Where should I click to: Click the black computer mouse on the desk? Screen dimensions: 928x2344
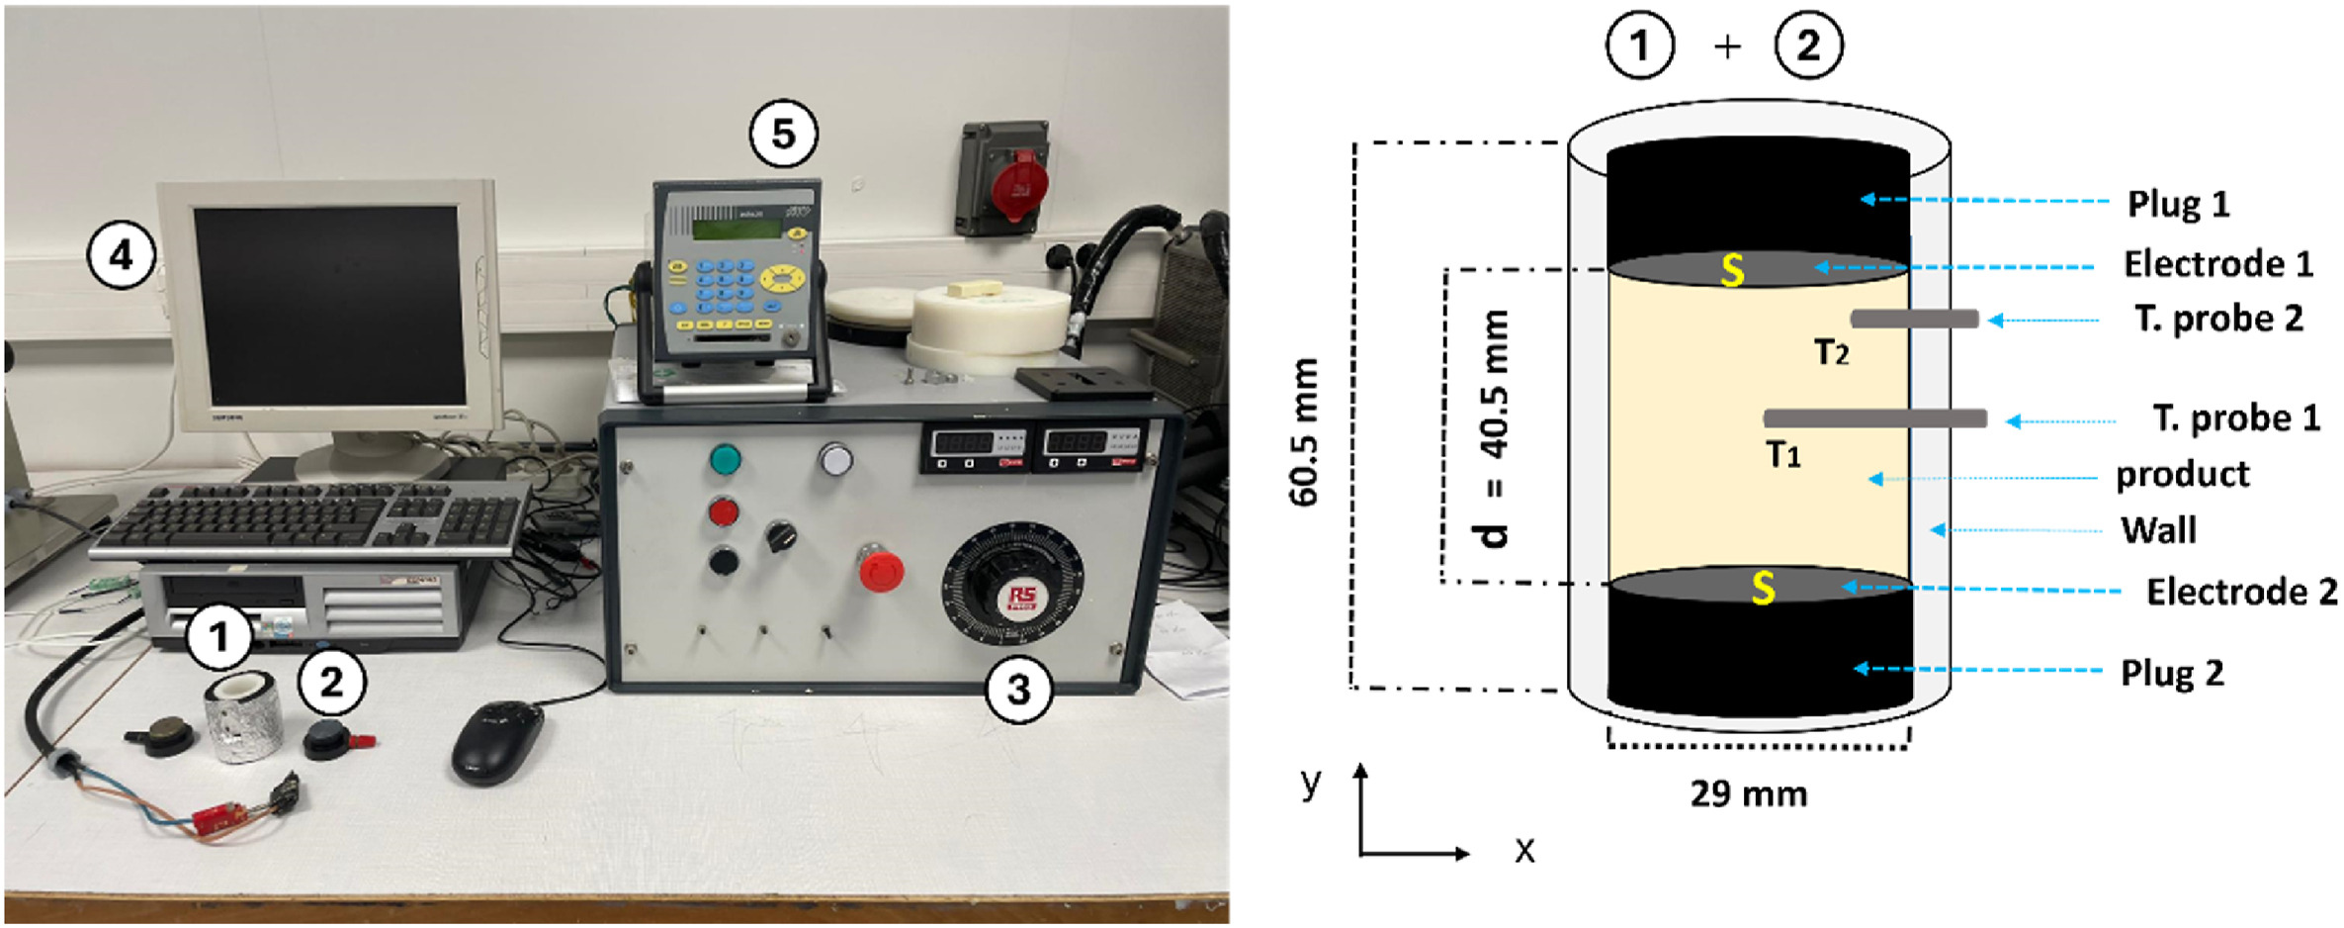pos(497,741)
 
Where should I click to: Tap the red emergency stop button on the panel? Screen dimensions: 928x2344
pos(880,571)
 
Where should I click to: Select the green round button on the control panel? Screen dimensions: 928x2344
pos(725,459)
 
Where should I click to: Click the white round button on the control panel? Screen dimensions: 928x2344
pos(835,459)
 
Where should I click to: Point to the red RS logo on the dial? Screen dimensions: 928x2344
pos(1020,599)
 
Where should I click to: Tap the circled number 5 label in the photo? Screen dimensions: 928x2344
pos(783,134)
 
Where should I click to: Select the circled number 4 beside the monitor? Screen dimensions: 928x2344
pos(121,255)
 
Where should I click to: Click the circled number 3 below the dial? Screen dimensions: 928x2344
pos(1019,689)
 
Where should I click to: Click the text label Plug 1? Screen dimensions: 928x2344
pos(2178,204)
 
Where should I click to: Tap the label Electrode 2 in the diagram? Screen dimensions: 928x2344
pos(2241,592)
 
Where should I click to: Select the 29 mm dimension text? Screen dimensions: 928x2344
pos(1748,793)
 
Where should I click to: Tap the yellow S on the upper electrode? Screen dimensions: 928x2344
pos(1732,269)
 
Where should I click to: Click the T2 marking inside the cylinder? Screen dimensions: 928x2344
pos(1831,352)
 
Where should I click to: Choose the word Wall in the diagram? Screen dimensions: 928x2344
pos(2158,530)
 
